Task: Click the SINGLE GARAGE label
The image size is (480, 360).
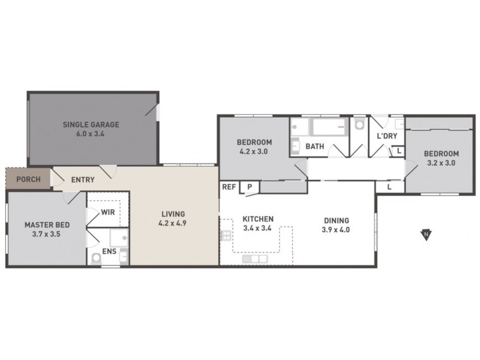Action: click(92, 125)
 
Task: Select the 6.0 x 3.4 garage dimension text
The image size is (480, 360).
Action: click(92, 134)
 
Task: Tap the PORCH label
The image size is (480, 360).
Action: click(28, 179)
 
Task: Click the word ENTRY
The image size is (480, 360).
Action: click(82, 179)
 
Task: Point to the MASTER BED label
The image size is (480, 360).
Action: click(47, 225)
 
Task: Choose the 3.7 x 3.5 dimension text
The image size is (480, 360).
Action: click(47, 234)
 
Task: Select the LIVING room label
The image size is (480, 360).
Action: click(172, 214)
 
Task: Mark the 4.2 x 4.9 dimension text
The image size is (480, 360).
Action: click(172, 223)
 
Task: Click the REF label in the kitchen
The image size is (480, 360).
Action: click(229, 187)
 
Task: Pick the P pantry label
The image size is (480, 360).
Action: click(248, 187)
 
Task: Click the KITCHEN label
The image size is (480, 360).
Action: click(258, 219)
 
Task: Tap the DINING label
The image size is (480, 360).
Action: click(335, 220)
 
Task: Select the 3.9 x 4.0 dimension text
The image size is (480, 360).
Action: click(335, 229)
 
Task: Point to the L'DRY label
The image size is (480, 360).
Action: click(386, 136)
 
